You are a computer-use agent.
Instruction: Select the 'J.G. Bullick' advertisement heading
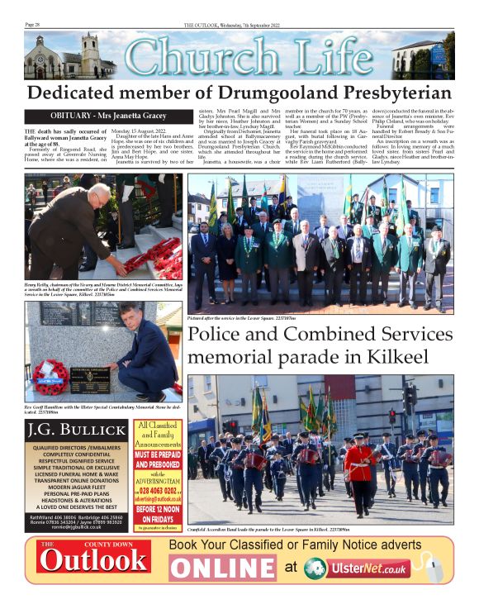[x=76, y=431]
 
